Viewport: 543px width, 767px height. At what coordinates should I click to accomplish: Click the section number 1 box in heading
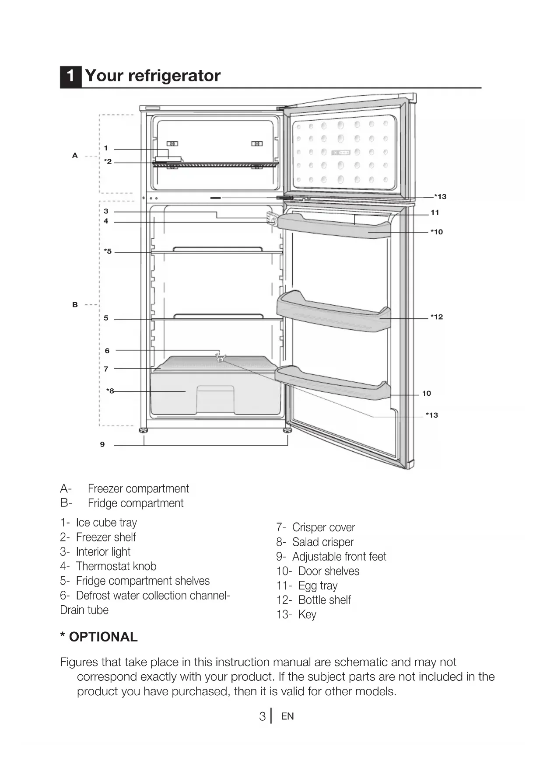click(70, 76)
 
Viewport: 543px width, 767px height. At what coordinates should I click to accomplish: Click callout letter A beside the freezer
click(75, 155)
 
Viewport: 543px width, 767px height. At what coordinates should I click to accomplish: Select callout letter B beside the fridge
click(75, 305)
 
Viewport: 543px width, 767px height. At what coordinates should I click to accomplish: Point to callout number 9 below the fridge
click(102, 444)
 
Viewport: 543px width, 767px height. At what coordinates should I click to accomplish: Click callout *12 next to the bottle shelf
click(436, 317)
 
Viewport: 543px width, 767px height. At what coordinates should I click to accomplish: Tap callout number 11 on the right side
click(434, 213)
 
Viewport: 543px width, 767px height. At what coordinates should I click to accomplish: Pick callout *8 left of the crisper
click(110, 391)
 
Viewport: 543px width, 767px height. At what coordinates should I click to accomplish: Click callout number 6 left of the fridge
click(107, 351)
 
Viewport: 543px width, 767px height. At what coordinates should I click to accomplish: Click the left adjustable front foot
click(144, 431)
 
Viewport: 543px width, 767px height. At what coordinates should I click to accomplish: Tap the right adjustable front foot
click(287, 431)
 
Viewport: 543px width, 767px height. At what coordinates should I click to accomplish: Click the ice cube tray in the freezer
click(168, 158)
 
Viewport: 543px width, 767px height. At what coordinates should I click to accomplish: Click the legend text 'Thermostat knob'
click(116, 566)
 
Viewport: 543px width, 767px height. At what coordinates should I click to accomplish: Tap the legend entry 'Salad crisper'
click(323, 542)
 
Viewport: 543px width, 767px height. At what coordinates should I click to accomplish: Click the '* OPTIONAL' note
click(99, 637)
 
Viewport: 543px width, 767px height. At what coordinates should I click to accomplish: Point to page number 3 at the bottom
click(262, 716)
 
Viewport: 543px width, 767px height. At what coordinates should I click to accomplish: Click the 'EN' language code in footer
click(287, 716)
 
